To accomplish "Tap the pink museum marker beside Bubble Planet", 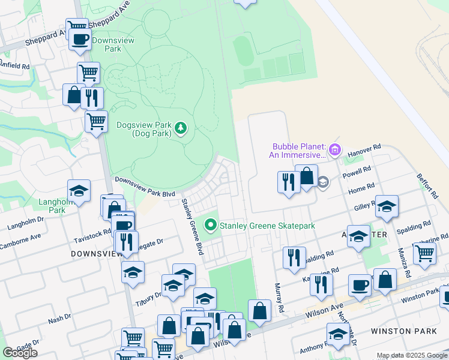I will [x=334, y=149].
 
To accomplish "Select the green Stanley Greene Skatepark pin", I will [x=210, y=226].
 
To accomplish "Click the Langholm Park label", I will [x=52, y=206].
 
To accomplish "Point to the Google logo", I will [x=20, y=353].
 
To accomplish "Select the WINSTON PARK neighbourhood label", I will [x=399, y=331].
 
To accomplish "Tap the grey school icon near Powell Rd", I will [x=323, y=182].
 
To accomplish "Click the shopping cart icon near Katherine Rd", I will [x=425, y=252].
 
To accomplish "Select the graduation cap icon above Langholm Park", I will [x=79, y=190].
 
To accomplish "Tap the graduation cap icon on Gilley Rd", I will [x=387, y=206].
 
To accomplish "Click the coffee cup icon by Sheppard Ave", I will [x=80, y=40].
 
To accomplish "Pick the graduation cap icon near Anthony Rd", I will [x=338, y=334].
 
